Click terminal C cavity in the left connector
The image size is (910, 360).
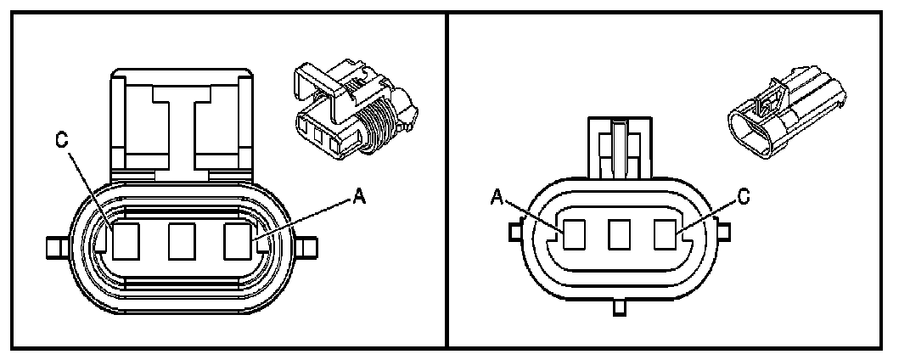(126, 240)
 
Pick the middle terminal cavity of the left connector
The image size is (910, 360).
(183, 240)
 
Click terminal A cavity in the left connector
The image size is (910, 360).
(239, 240)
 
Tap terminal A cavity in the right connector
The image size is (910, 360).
(573, 233)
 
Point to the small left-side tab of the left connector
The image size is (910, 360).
(55, 248)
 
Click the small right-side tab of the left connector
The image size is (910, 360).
(309, 248)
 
